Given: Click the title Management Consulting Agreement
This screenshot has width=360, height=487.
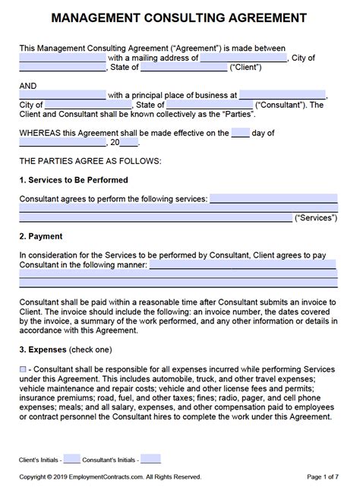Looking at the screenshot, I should [x=180, y=17].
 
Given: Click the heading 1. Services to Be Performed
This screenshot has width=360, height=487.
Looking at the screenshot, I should [x=74, y=180].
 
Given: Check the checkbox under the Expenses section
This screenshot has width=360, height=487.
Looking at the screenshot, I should [x=23, y=368].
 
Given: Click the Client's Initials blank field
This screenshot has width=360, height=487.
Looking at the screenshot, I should [x=72, y=458].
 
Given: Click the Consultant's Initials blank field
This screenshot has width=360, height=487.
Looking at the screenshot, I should [x=150, y=458].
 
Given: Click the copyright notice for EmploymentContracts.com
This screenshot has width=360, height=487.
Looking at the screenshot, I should [x=110, y=476].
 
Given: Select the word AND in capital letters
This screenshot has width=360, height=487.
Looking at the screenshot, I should [x=28, y=86].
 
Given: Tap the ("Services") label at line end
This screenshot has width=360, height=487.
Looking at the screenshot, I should [x=316, y=217].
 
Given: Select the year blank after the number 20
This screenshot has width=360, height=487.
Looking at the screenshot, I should [x=129, y=142].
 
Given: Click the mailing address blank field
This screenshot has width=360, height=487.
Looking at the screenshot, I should [x=244, y=58].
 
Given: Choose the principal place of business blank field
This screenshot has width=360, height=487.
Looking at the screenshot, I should [x=283, y=96].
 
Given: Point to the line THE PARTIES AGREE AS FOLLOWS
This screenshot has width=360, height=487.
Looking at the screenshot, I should [x=90, y=161].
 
